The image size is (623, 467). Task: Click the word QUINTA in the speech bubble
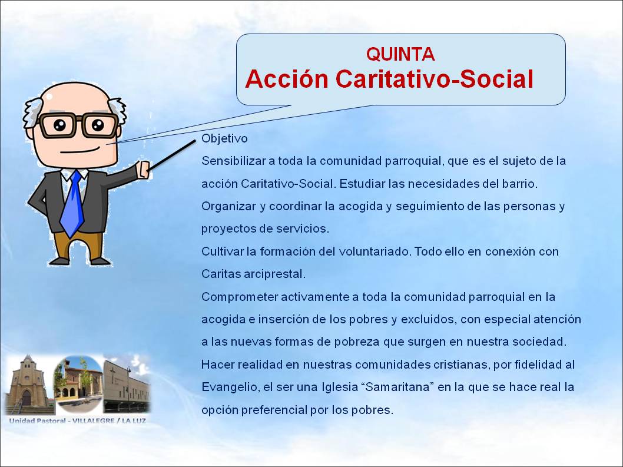(400, 54)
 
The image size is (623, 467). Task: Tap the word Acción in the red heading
(287, 78)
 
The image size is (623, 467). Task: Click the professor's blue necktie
(72, 204)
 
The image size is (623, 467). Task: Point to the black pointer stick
(172, 155)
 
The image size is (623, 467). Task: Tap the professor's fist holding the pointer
(143, 170)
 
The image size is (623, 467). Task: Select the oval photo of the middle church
(78, 384)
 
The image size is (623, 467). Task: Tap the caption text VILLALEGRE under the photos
(94, 420)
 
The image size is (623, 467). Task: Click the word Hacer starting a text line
(217, 365)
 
